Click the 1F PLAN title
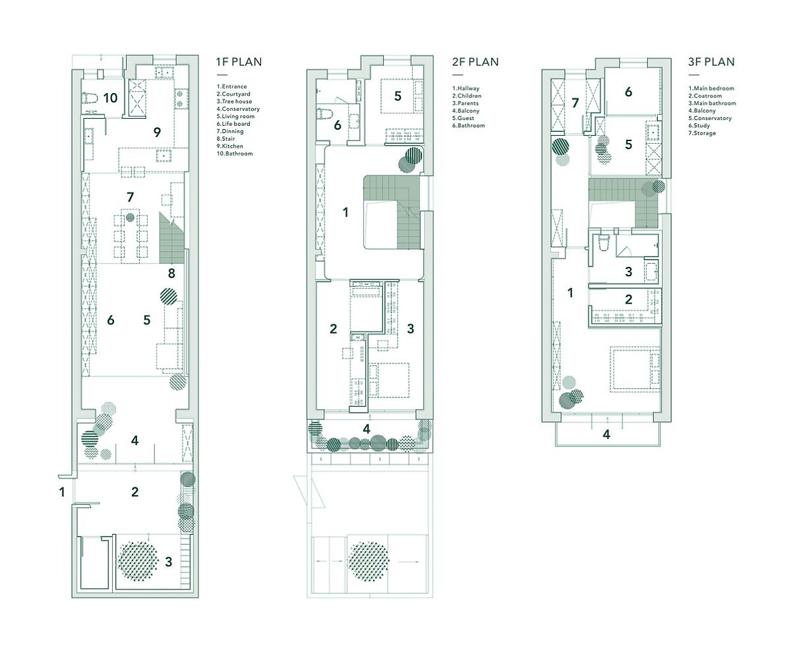239,62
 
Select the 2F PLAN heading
475,62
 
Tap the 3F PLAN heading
711,62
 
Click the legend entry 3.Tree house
234,102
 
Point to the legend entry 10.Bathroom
235,154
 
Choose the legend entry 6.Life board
233,124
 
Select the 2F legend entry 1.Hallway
465,88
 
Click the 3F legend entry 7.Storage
702,133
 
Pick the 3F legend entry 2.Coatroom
705,96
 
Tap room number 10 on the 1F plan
110,98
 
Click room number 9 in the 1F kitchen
157,132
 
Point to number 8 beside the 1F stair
171,273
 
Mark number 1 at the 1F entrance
62,492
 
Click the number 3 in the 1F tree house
168,562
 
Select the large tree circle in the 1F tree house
137,561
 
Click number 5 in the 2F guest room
397,96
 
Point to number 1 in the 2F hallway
345,212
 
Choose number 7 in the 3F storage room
575,103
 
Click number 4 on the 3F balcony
606,434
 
